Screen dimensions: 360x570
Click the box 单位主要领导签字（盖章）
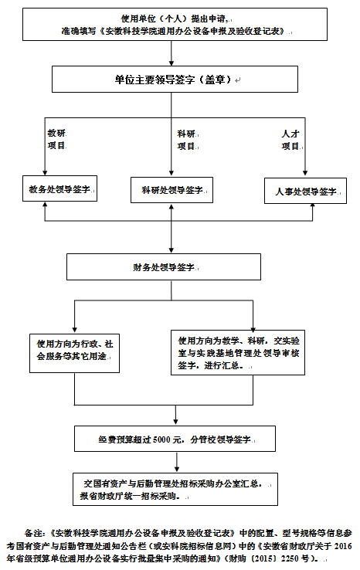[175, 80]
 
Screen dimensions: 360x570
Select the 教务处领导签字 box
[60, 188]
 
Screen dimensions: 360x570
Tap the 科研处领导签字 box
[172, 190]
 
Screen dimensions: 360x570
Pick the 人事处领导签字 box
[305, 191]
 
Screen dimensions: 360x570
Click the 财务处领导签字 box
[164, 267]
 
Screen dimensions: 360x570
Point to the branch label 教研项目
[56, 140]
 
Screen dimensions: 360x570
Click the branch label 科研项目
[186, 140]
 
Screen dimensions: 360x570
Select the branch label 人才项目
[290, 140]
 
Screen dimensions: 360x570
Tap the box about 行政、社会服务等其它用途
[74, 353]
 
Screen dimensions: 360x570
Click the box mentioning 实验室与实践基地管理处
[238, 353]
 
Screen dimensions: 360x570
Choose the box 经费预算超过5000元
[175, 439]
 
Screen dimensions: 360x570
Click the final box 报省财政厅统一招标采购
[175, 490]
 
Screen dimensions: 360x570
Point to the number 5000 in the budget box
[161, 439]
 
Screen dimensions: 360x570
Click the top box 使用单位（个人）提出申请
[175, 24]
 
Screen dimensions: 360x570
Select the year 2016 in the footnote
[343, 545]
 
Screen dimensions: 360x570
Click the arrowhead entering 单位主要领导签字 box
[172, 63]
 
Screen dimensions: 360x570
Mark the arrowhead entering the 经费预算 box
[176, 422]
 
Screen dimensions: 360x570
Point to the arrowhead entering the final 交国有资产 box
[177, 470]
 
